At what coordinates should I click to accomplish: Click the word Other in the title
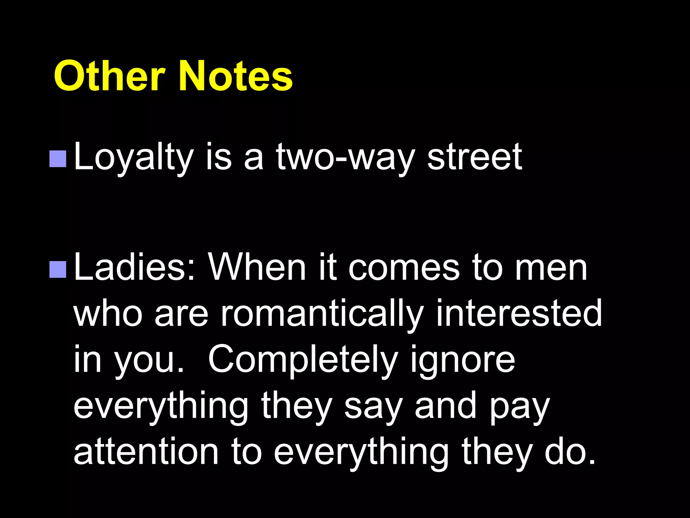click(109, 76)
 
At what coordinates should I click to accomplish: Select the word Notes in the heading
click(236, 76)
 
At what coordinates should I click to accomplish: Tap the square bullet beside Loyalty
click(58, 159)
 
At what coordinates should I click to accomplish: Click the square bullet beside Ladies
click(58, 269)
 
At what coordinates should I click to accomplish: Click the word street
click(475, 156)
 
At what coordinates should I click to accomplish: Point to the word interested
click(519, 314)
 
